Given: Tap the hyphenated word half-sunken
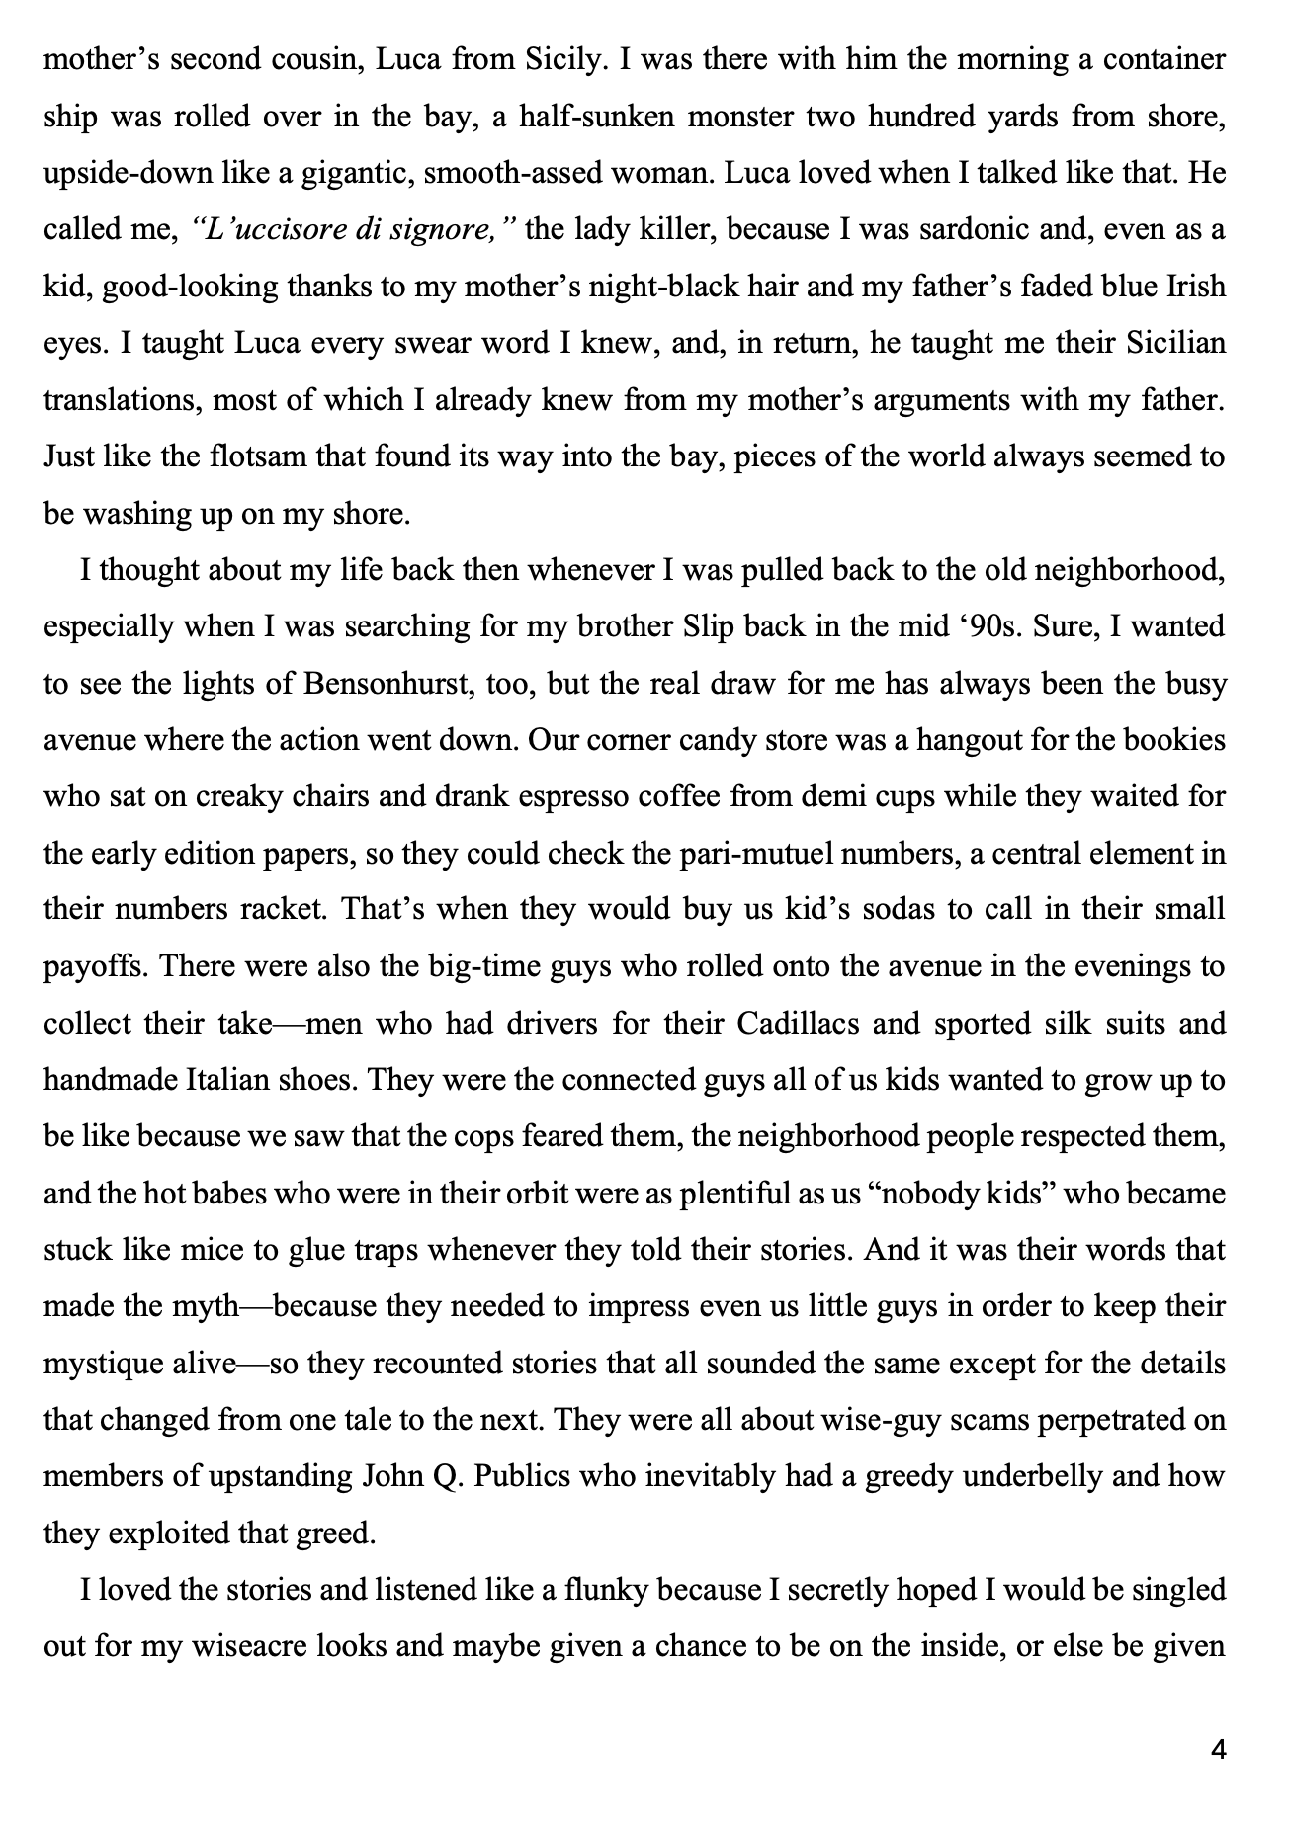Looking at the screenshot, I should pos(577,117).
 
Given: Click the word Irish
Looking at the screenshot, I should pos(1193,287).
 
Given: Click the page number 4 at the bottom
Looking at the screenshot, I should pos(1218,1750).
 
